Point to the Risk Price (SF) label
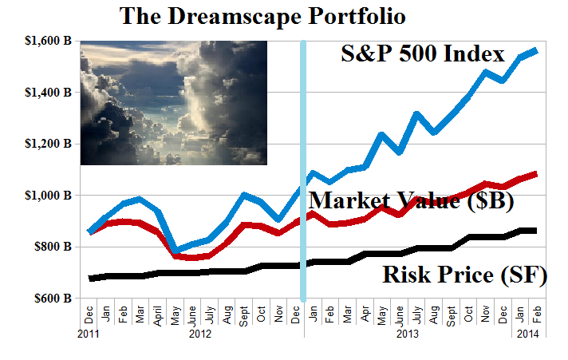(x=465, y=276)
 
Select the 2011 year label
(x=89, y=334)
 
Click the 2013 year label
(x=408, y=334)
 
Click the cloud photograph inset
(x=173, y=103)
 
